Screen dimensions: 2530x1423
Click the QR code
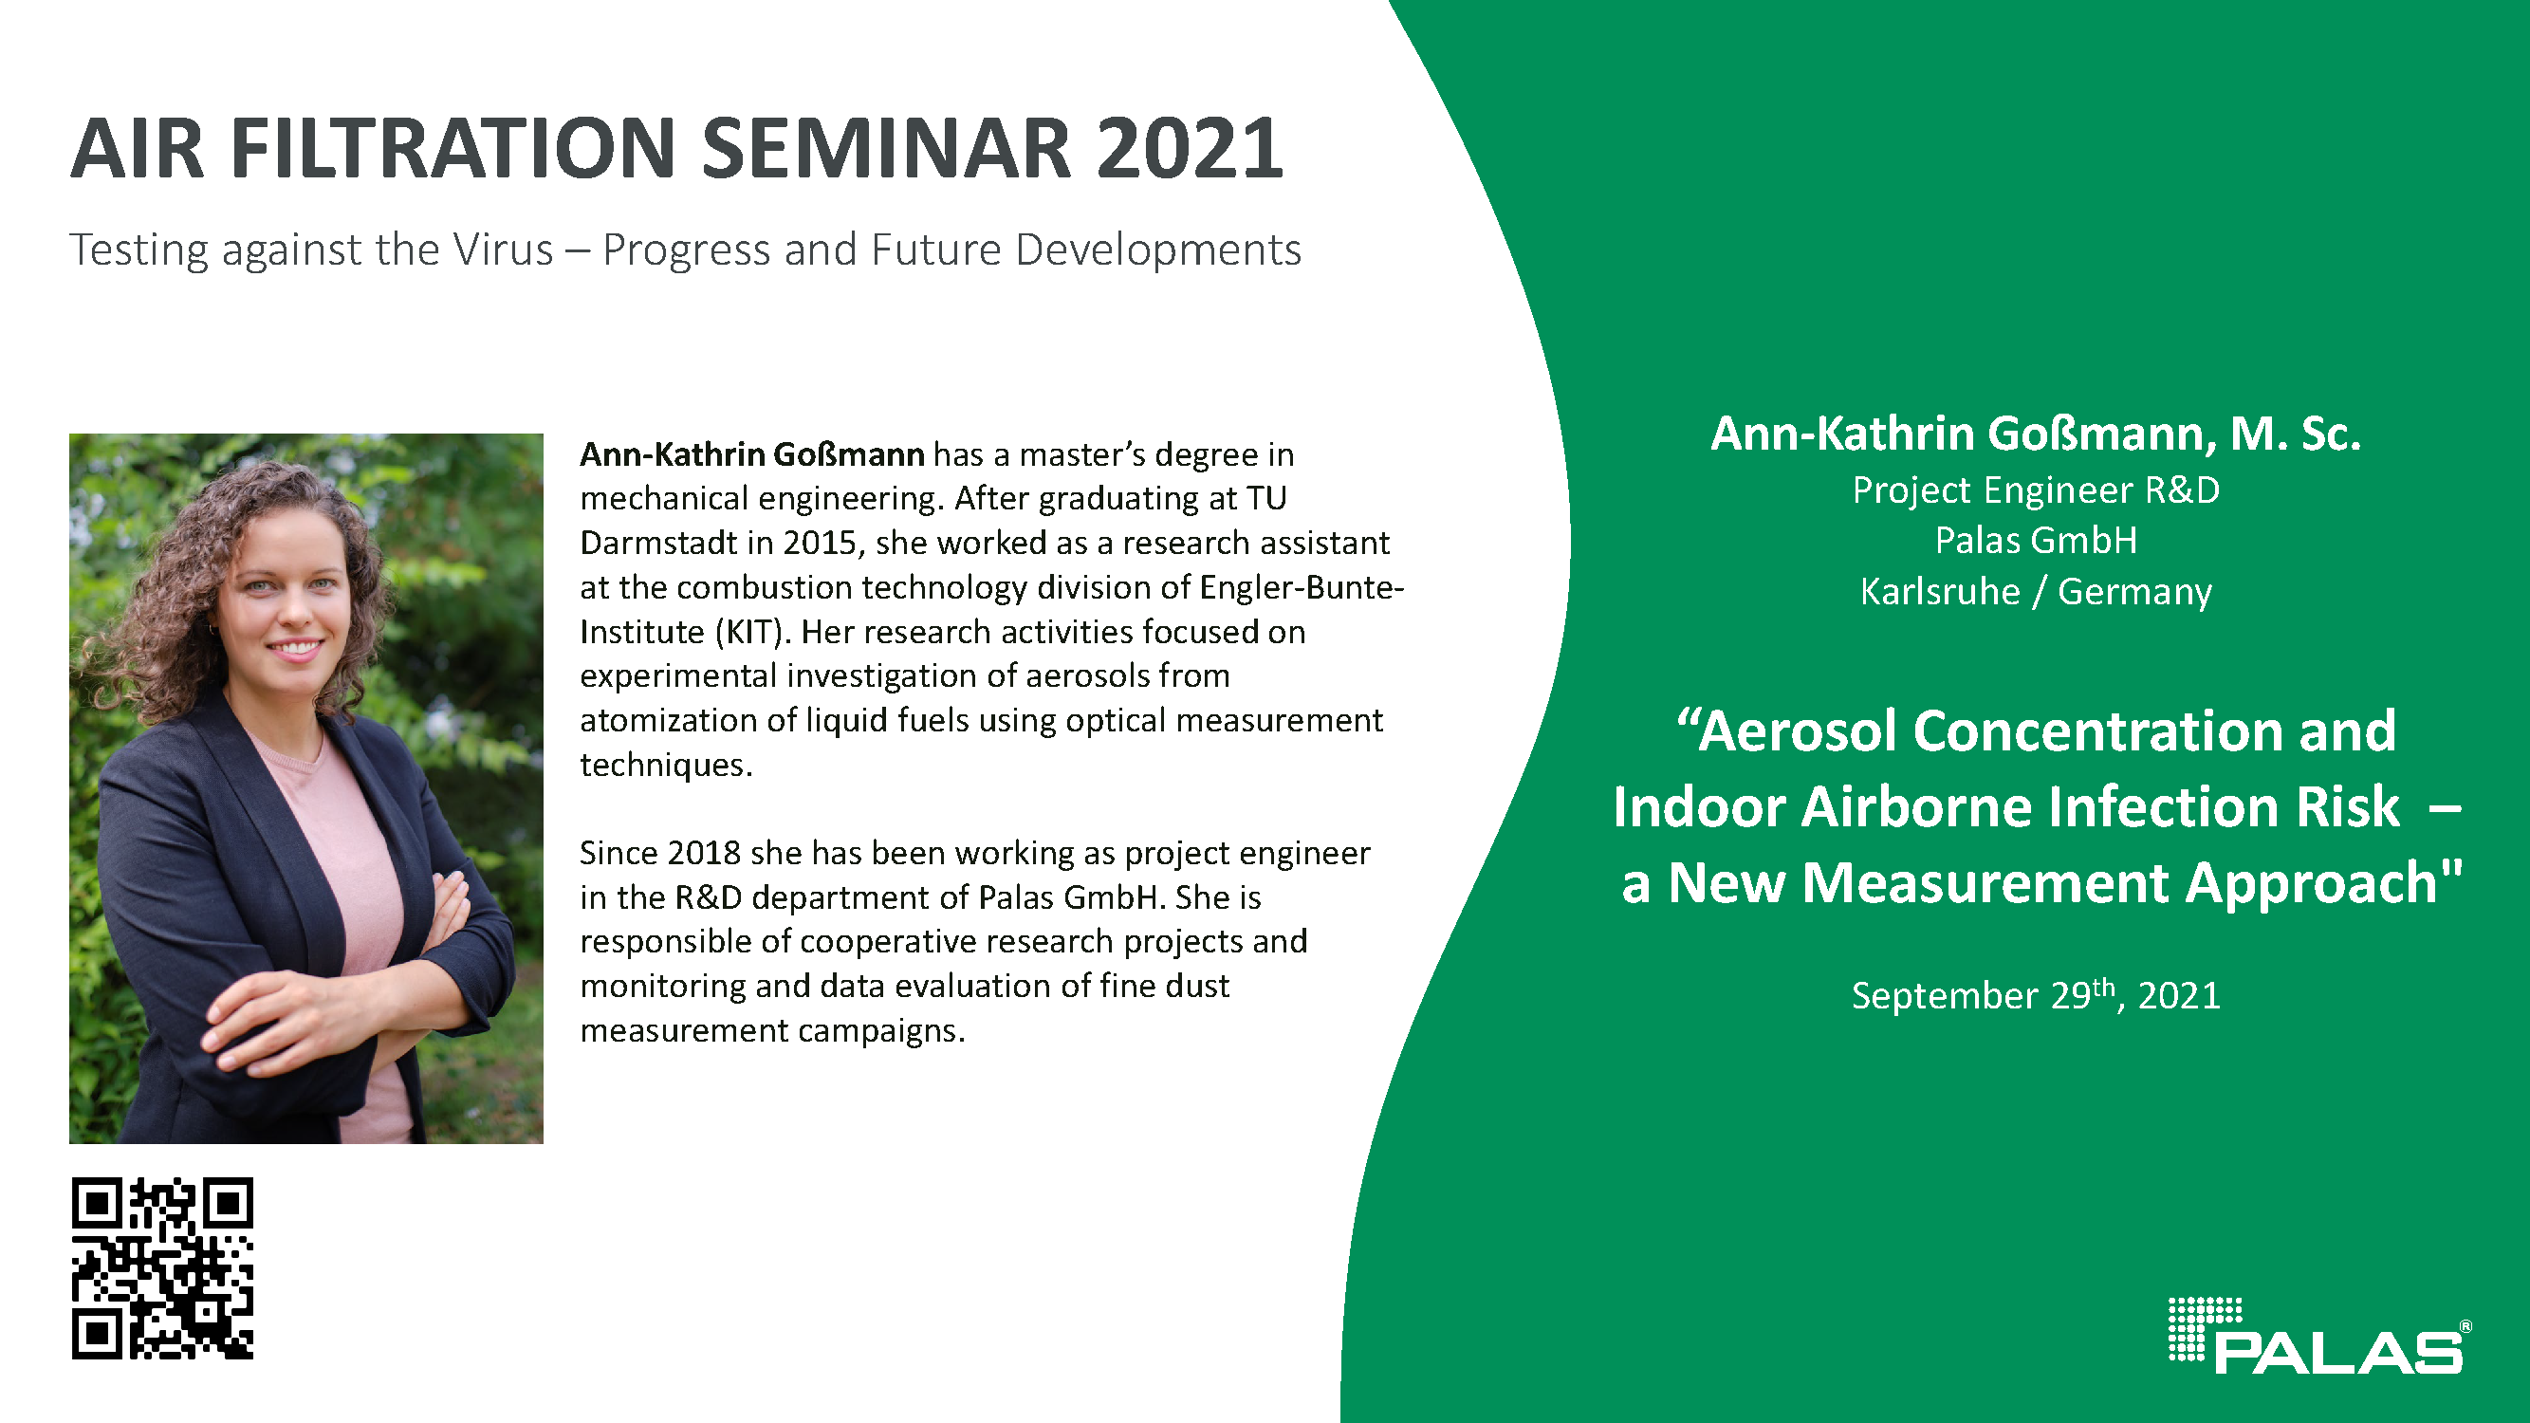(x=162, y=1267)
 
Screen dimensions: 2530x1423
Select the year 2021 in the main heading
(x=1190, y=148)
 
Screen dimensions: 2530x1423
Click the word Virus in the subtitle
(x=503, y=249)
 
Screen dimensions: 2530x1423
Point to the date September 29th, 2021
(x=2036, y=994)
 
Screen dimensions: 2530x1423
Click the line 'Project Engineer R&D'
(x=2036, y=490)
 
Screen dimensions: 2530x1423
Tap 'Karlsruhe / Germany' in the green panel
(x=2036, y=591)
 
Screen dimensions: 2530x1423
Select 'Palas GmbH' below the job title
(x=2036, y=540)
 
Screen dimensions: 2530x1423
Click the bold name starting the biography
(x=752, y=453)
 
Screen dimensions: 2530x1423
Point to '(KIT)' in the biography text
(x=752, y=632)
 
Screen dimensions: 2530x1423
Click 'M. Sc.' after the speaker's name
(x=2296, y=434)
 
